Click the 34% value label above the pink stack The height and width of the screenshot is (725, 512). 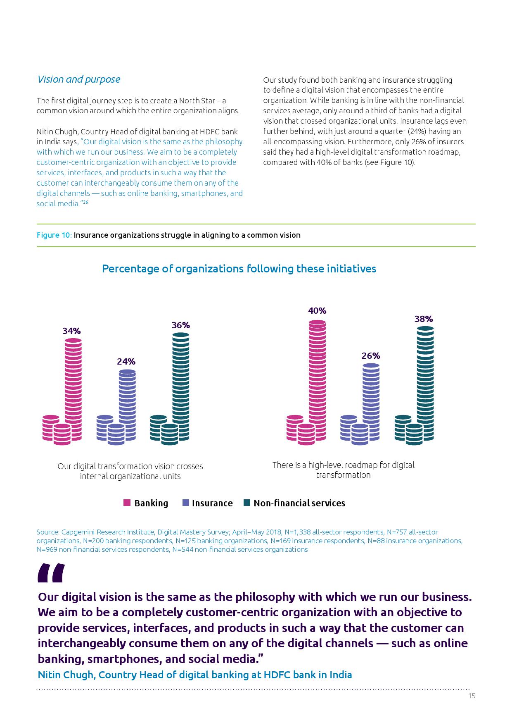click(71, 331)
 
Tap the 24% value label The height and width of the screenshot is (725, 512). click(126, 362)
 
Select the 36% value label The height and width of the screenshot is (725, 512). click(180, 325)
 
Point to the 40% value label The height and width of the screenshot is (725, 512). click(317, 311)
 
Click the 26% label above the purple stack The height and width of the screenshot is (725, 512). click(371, 356)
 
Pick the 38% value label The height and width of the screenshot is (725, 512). click(424, 319)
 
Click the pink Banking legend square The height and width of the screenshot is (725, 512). click(127, 503)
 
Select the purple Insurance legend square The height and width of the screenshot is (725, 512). click(185, 503)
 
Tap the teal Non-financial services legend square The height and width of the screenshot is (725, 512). click(247, 503)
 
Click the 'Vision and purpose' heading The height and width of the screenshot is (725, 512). click(78, 79)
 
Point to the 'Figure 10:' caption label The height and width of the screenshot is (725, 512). click(54, 235)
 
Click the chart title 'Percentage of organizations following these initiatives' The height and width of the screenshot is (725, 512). click(239, 269)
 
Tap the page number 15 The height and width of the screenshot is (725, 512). click(472, 696)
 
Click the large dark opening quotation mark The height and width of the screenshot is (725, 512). click(51, 573)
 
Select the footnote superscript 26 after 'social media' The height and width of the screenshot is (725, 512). click(85, 202)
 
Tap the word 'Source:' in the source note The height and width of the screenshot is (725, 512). click(47, 532)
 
